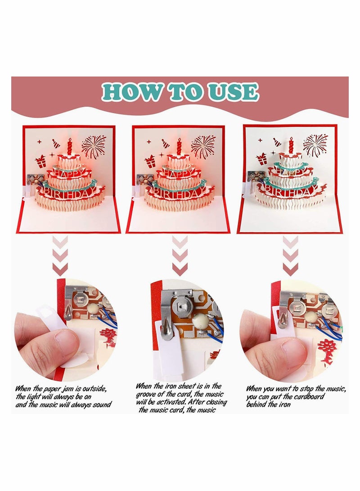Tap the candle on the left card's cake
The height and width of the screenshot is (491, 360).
(x=70, y=146)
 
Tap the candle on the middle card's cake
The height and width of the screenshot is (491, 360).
(x=179, y=146)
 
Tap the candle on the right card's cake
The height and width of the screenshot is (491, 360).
(x=291, y=145)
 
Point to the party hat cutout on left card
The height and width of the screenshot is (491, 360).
(x=55, y=144)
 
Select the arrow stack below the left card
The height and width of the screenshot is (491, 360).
(x=60, y=256)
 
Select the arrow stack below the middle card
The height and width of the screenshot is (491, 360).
(x=180, y=256)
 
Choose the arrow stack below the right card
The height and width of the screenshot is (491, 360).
(x=290, y=256)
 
